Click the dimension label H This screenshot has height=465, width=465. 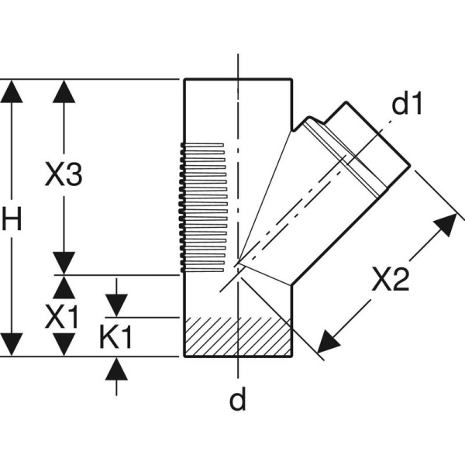point(11,219)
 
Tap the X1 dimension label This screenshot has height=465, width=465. point(62,315)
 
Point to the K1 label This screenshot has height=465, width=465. point(116,338)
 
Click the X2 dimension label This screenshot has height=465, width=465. point(389,280)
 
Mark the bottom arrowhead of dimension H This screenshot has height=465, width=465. point(11,344)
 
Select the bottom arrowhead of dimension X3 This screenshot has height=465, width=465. point(64,263)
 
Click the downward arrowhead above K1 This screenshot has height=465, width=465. point(116,305)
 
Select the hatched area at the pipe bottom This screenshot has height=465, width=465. point(237,336)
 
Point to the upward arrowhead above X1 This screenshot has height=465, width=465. point(64,287)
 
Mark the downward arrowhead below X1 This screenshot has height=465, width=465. point(64,344)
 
